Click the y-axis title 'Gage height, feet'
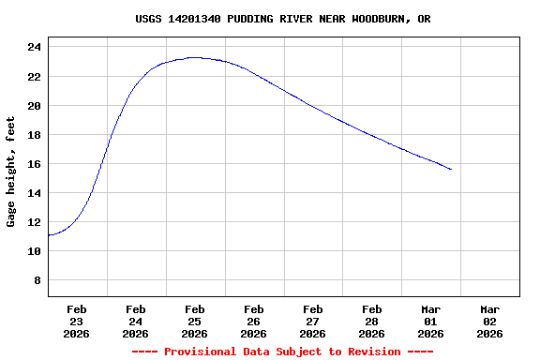point(11,172)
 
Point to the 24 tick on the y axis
point(34,47)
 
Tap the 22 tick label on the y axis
point(34,76)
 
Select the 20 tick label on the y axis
point(34,106)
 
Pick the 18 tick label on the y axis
point(34,135)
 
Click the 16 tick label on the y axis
point(34,164)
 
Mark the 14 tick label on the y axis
point(34,193)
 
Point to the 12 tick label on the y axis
point(34,222)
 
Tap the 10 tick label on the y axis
point(34,251)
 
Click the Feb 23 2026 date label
point(77,321)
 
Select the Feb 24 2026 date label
point(136,321)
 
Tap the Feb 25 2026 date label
point(195,321)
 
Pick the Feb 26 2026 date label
point(254,321)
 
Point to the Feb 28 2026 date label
point(372,321)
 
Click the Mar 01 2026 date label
point(431,321)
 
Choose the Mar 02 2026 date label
point(490,321)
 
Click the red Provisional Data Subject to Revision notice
point(283,352)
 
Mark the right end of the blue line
point(451,170)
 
